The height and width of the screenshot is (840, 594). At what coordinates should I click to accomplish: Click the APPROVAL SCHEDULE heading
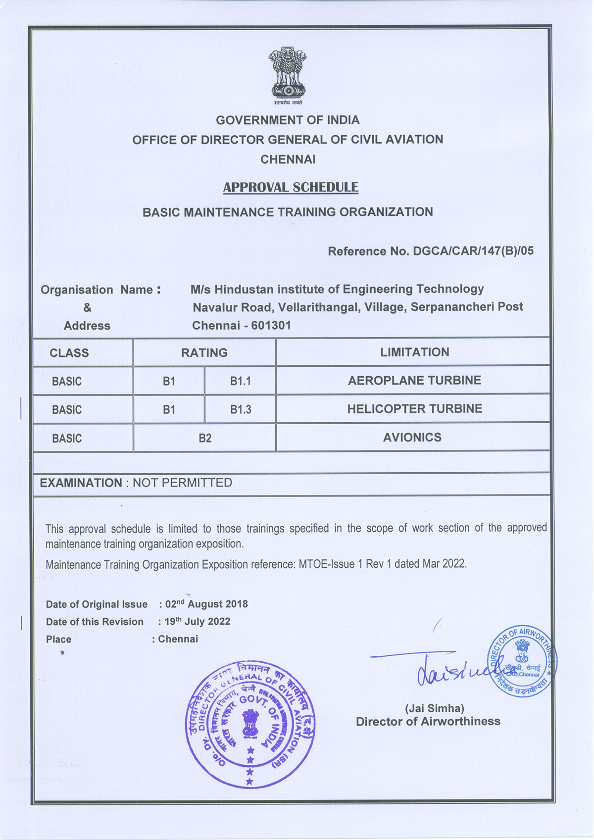coord(291,188)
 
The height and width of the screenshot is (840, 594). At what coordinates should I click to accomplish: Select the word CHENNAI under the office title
coord(288,159)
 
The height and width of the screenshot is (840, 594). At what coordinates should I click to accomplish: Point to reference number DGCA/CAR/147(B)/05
coord(473,251)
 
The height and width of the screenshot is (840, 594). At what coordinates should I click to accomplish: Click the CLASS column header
coord(69,353)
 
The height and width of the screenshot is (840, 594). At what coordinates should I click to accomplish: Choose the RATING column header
coord(204,353)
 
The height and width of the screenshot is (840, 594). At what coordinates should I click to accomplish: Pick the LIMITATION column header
coord(415,352)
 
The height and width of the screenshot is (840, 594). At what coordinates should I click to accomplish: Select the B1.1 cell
coord(240,381)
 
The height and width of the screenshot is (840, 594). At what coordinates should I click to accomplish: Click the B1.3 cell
coord(240,410)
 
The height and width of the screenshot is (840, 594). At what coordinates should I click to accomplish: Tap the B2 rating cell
coord(205,438)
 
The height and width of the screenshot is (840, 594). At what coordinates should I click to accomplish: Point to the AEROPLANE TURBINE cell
coord(414,381)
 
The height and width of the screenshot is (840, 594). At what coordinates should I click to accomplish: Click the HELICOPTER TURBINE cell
coord(414,409)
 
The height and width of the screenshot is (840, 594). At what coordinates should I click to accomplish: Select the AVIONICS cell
coord(412,438)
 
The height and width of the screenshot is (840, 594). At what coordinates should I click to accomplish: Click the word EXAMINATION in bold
coord(81,483)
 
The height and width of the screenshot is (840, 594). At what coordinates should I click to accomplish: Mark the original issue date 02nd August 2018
coord(207,604)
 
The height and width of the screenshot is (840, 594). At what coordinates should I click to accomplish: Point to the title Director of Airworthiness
coord(428,722)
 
